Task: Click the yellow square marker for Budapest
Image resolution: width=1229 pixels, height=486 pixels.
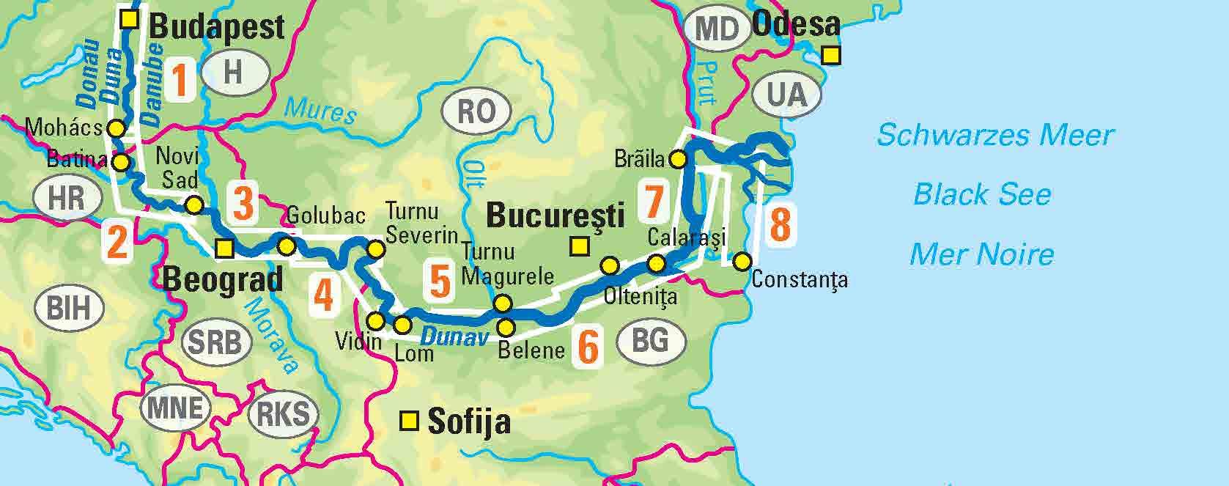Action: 130,19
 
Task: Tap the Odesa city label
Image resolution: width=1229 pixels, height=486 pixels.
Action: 795,24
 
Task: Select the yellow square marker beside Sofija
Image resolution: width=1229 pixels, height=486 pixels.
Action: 408,421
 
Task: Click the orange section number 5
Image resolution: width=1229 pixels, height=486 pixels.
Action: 440,281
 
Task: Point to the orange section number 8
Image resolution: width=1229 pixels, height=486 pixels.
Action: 780,225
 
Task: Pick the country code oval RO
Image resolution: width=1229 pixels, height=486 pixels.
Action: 476,111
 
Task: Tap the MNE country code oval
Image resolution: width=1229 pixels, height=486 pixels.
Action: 174,408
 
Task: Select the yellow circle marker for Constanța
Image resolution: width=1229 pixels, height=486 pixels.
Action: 742,261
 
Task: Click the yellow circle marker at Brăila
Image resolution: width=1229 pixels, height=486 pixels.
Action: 678,158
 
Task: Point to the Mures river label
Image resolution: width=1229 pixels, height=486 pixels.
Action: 320,111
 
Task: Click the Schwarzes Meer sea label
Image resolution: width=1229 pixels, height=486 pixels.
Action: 994,135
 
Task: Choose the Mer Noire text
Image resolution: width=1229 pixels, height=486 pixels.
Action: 981,254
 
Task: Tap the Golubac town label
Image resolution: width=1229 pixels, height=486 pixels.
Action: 325,216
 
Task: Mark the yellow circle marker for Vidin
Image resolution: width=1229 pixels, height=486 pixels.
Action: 375,321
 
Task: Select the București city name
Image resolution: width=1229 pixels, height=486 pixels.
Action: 555,216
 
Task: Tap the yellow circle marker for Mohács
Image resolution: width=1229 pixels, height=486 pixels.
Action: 115,128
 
